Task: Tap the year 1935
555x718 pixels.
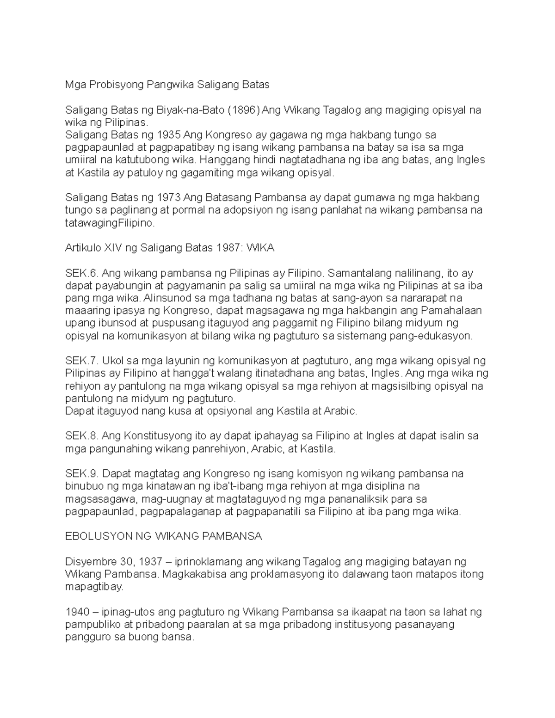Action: [169, 135]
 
